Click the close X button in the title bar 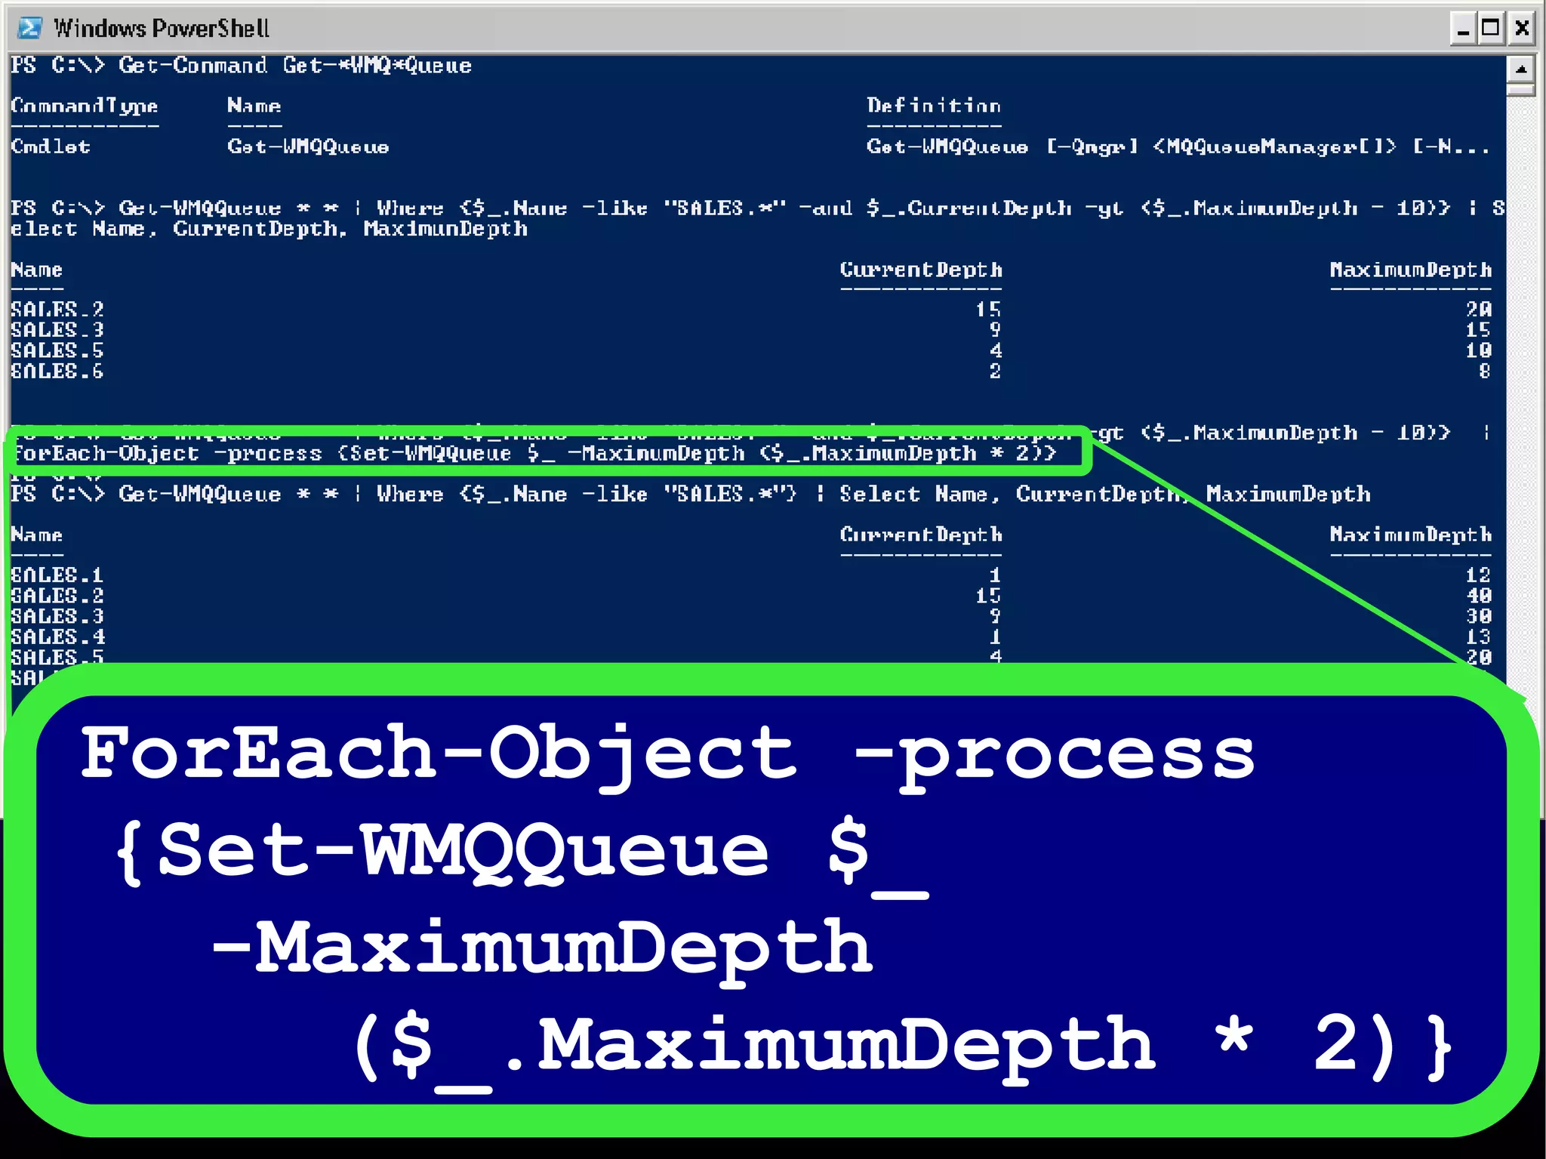point(1522,29)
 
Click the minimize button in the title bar point(1463,29)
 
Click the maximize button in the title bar point(1491,29)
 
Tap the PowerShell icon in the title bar point(29,29)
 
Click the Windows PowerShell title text point(162,29)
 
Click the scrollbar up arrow point(1521,69)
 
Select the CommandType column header point(84,106)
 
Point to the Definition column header point(933,106)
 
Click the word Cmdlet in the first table point(50,146)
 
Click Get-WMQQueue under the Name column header point(308,146)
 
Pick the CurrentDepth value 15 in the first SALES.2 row point(987,309)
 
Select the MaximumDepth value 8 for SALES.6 point(1484,371)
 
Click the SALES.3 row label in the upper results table point(57,330)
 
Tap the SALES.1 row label point(57,575)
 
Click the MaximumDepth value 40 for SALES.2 point(1478,596)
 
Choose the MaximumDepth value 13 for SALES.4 point(1478,637)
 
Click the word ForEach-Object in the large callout point(438,754)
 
